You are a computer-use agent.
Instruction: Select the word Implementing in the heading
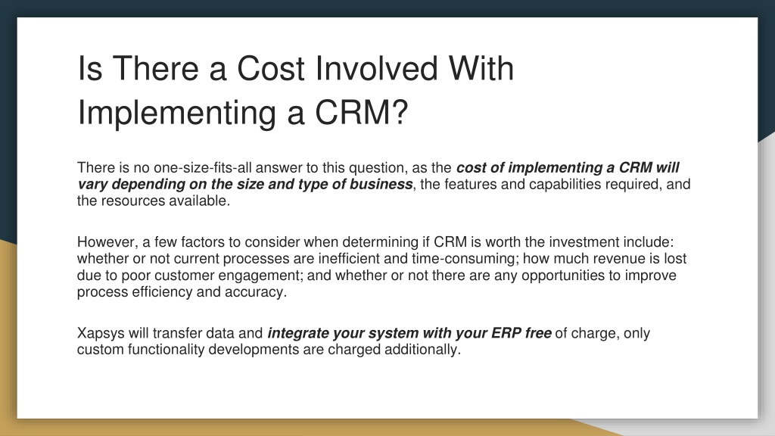coord(177,113)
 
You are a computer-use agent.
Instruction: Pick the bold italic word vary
coord(92,185)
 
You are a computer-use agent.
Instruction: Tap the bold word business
coord(381,184)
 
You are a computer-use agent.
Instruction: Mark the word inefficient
coord(348,259)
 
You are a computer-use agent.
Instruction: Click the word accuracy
coord(256,292)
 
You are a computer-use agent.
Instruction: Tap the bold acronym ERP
coord(506,333)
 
